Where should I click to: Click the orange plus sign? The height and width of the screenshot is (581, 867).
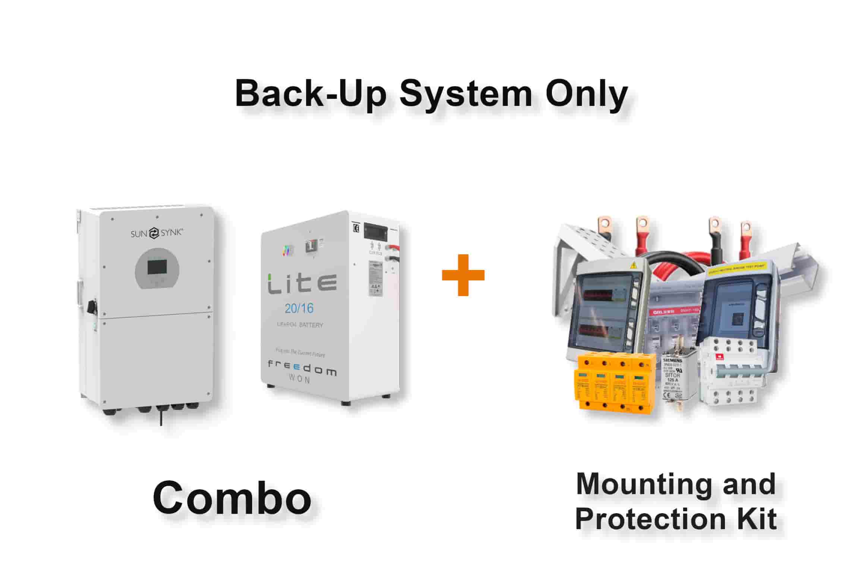[463, 275]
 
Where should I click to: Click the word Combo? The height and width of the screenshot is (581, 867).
[232, 498]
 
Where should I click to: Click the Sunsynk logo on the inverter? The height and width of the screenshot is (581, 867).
[157, 233]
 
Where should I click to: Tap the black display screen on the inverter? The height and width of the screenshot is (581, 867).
[157, 268]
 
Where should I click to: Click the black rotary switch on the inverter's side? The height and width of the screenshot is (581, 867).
[90, 306]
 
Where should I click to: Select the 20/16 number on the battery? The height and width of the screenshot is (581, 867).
[299, 308]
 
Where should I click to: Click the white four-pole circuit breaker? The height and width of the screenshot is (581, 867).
[729, 373]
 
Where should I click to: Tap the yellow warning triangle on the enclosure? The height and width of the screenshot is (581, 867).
[633, 266]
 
